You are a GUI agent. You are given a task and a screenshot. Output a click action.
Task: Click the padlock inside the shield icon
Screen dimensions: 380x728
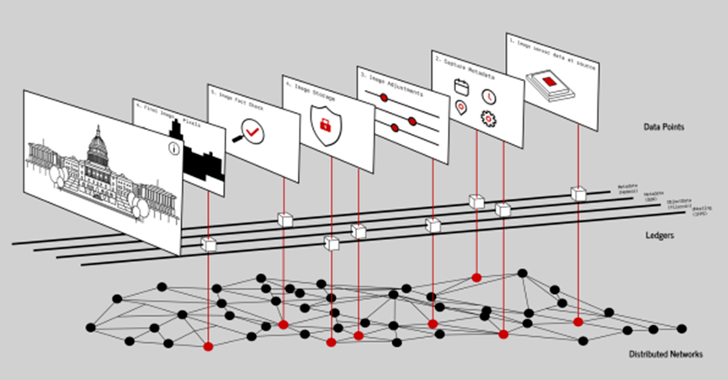325,126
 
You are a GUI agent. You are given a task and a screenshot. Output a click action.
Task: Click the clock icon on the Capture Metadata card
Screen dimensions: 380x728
487,97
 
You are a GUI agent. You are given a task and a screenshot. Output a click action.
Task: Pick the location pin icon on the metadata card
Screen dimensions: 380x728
460,107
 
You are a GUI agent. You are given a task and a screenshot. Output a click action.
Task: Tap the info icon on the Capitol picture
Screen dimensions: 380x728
173,148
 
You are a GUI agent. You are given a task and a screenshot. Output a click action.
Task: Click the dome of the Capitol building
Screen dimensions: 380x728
98,143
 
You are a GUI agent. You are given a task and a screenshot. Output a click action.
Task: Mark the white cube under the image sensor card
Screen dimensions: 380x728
578,194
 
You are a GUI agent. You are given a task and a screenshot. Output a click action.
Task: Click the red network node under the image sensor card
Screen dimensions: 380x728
578,322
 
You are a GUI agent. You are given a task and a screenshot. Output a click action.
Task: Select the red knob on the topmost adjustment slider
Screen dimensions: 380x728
384,98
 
